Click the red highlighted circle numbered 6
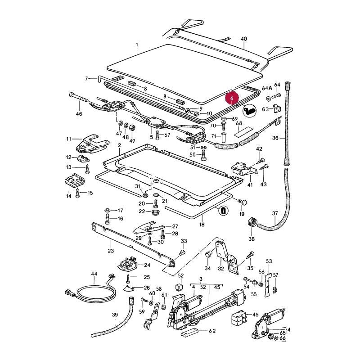pyautogui.click(x=232, y=98)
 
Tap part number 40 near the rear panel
pyautogui.click(x=244, y=39)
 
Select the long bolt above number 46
pyautogui.click(x=78, y=98)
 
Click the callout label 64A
pyautogui.click(x=267, y=88)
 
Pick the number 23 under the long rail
pyautogui.click(x=111, y=250)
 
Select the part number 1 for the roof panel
pyautogui.click(x=137, y=45)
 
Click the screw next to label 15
pyautogui.click(x=77, y=193)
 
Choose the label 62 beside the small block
pyautogui.click(x=212, y=331)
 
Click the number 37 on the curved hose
pyautogui.click(x=275, y=213)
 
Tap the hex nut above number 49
pyautogui.click(x=132, y=128)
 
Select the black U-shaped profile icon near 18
pyautogui.click(x=222, y=211)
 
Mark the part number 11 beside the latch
pyautogui.click(x=69, y=139)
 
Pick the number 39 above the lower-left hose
pyautogui.click(x=115, y=315)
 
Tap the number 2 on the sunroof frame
pyautogui.click(x=119, y=145)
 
